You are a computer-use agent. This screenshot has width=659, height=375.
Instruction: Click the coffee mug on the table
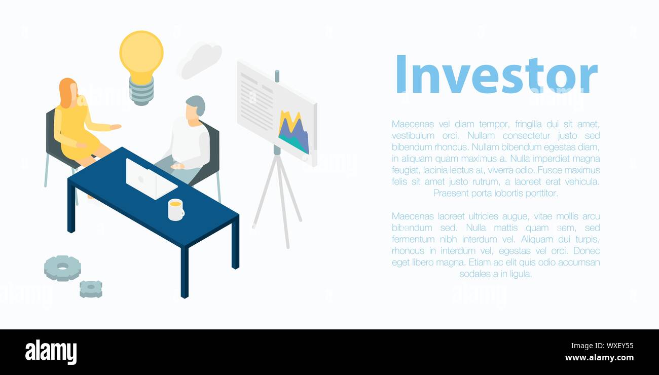(175, 210)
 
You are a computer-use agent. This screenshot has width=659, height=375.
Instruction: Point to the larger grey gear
(62, 268)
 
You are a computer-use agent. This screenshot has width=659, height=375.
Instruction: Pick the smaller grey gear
(91, 288)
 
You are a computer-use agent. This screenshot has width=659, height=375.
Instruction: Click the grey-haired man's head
(194, 108)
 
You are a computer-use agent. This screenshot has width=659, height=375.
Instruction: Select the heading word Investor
(496, 75)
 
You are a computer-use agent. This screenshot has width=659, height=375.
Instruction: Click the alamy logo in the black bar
(51, 352)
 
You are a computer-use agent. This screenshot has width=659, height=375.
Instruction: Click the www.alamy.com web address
(599, 358)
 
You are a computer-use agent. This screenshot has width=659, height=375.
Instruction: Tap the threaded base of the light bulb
(141, 91)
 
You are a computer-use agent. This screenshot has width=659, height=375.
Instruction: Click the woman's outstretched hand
(116, 127)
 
